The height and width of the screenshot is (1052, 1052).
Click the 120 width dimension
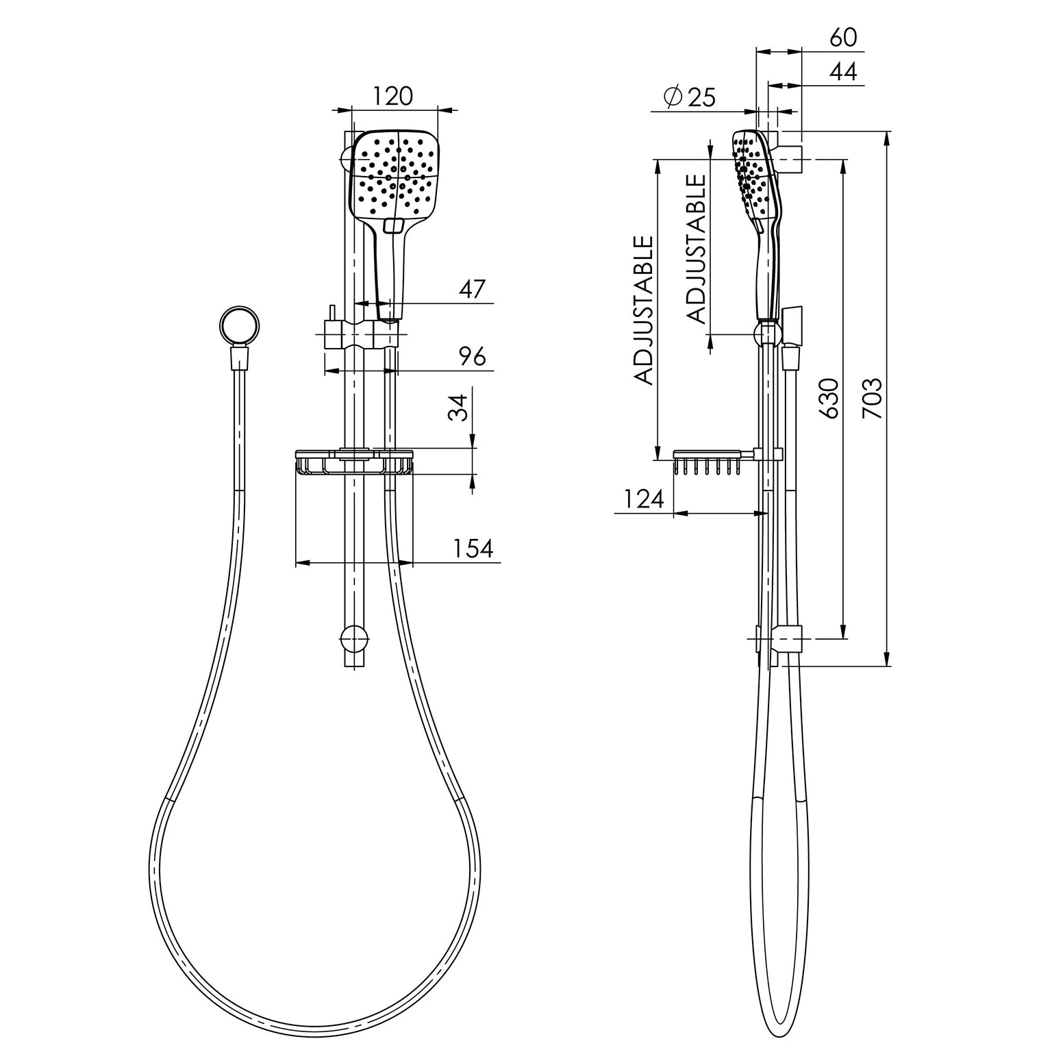tap(394, 96)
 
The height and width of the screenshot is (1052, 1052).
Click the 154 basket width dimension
tap(473, 549)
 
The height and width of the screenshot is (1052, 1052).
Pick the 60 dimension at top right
tap(843, 38)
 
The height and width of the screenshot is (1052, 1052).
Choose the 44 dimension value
tap(843, 72)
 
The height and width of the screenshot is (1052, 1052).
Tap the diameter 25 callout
tap(690, 97)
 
